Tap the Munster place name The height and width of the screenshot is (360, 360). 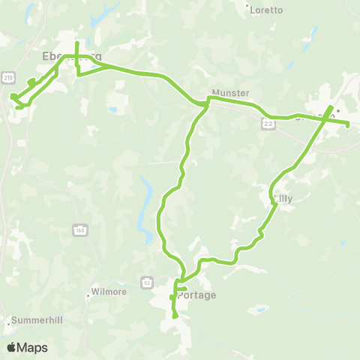pyautogui.click(x=230, y=93)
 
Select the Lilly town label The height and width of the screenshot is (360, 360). pyautogui.click(x=283, y=199)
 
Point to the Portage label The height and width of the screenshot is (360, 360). pyautogui.click(x=197, y=295)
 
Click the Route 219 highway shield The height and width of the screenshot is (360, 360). pyautogui.click(x=8, y=76)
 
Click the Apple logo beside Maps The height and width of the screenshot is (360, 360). pyautogui.click(x=11, y=347)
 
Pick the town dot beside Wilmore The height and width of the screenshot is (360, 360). pyautogui.click(x=88, y=295)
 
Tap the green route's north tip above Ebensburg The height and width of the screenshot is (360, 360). pyautogui.click(x=77, y=32)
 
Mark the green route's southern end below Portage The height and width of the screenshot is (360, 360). pyautogui.click(x=175, y=316)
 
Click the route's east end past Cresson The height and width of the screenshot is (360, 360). pyautogui.click(x=349, y=125)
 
